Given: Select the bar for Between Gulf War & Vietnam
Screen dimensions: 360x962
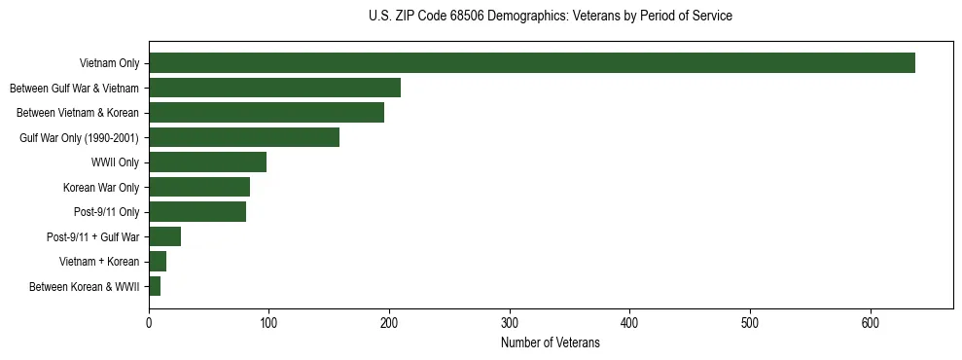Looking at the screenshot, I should (x=274, y=88).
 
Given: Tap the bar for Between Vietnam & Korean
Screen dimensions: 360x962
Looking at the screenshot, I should (x=267, y=113).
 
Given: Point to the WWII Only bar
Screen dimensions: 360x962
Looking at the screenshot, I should (x=207, y=162).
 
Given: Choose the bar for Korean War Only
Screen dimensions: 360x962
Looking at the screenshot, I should (x=199, y=187).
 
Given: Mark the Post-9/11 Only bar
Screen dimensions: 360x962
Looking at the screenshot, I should (x=197, y=211).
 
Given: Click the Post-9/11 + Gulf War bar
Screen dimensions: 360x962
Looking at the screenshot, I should (x=164, y=236).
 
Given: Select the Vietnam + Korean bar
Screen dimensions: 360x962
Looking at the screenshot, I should (x=158, y=261).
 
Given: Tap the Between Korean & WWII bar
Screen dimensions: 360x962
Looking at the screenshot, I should (x=155, y=286).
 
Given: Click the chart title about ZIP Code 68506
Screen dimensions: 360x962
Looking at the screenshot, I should (x=551, y=16).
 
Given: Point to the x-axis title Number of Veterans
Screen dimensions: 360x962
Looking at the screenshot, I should (x=551, y=343).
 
